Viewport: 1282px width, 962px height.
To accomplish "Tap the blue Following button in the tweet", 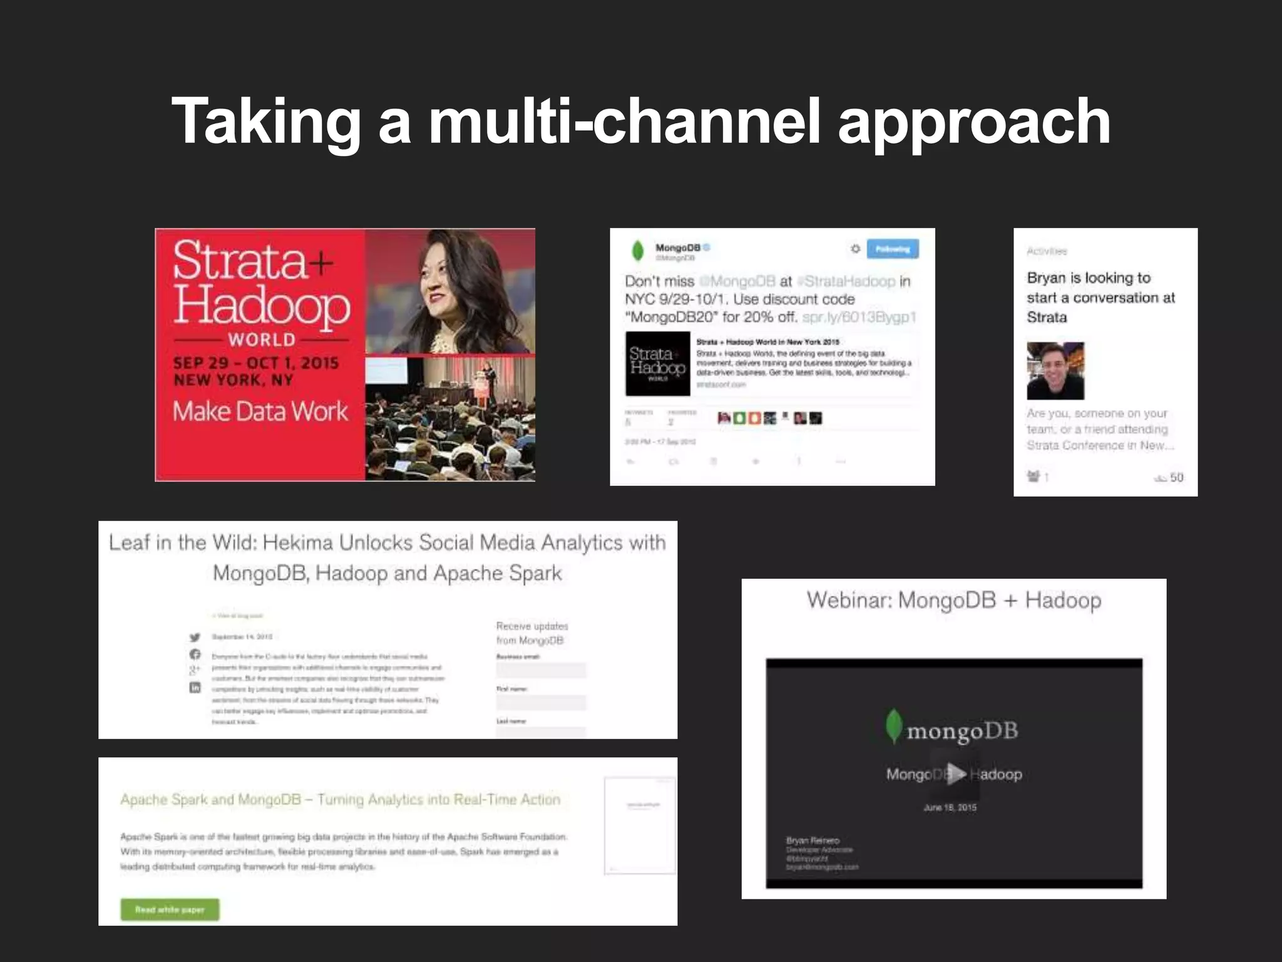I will (x=893, y=249).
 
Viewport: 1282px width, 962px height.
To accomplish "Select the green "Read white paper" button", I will (x=170, y=909).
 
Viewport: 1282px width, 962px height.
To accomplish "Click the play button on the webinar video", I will (x=954, y=773).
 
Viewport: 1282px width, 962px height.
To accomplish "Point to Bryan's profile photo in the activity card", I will (x=1055, y=371).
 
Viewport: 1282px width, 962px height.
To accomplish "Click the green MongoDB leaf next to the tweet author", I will (x=637, y=251).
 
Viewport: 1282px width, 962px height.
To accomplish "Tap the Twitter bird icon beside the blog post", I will (x=195, y=638).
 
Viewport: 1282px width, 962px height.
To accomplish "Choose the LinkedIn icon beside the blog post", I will (x=195, y=687).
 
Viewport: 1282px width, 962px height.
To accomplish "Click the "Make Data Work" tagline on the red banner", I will (x=260, y=411).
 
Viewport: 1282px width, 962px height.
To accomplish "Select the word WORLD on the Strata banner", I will (x=262, y=340).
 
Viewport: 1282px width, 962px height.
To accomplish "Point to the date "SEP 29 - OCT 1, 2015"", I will (x=256, y=363).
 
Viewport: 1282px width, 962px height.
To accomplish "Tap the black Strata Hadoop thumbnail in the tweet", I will (x=657, y=363).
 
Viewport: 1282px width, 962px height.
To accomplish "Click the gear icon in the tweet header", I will (x=855, y=249).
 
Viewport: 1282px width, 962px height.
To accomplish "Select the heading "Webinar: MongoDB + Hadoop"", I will (x=953, y=600).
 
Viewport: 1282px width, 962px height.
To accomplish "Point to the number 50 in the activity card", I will (x=1176, y=477).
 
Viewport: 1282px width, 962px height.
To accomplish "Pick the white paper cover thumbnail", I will (x=640, y=825).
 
